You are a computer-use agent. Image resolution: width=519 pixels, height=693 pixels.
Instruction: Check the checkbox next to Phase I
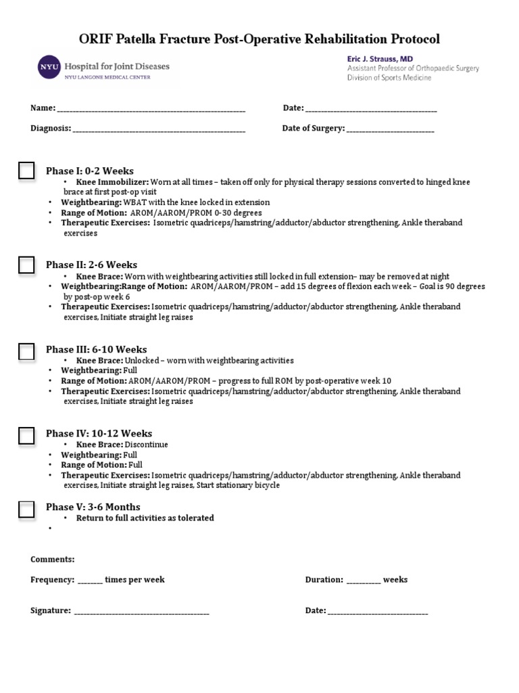tap(26, 171)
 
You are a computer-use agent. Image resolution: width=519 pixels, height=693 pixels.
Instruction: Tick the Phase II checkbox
tap(26, 265)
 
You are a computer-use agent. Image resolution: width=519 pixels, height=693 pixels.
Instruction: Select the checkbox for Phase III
tap(26, 351)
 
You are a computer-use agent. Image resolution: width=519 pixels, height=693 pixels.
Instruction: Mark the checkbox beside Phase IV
tap(26, 435)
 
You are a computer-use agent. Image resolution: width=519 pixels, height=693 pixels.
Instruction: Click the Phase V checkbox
tap(26, 509)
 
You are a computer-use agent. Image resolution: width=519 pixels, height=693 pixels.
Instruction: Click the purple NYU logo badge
tap(48, 68)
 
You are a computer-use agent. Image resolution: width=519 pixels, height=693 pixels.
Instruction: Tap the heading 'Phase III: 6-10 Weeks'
tap(96, 350)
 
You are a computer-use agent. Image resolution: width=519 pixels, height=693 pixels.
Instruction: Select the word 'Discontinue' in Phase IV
tap(147, 445)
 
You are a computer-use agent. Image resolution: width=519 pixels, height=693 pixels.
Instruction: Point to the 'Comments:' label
tap(53, 560)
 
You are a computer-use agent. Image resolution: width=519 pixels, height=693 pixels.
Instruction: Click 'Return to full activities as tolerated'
tap(145, 518)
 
